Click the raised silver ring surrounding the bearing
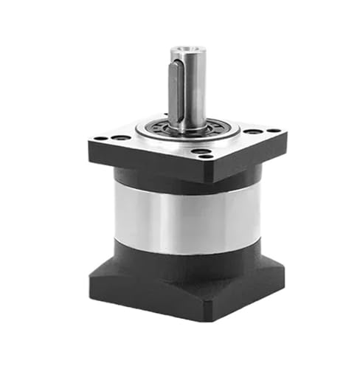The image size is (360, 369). coord(221,133)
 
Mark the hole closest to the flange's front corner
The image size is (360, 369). coord(201,153)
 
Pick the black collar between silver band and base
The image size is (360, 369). coord(184,258)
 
